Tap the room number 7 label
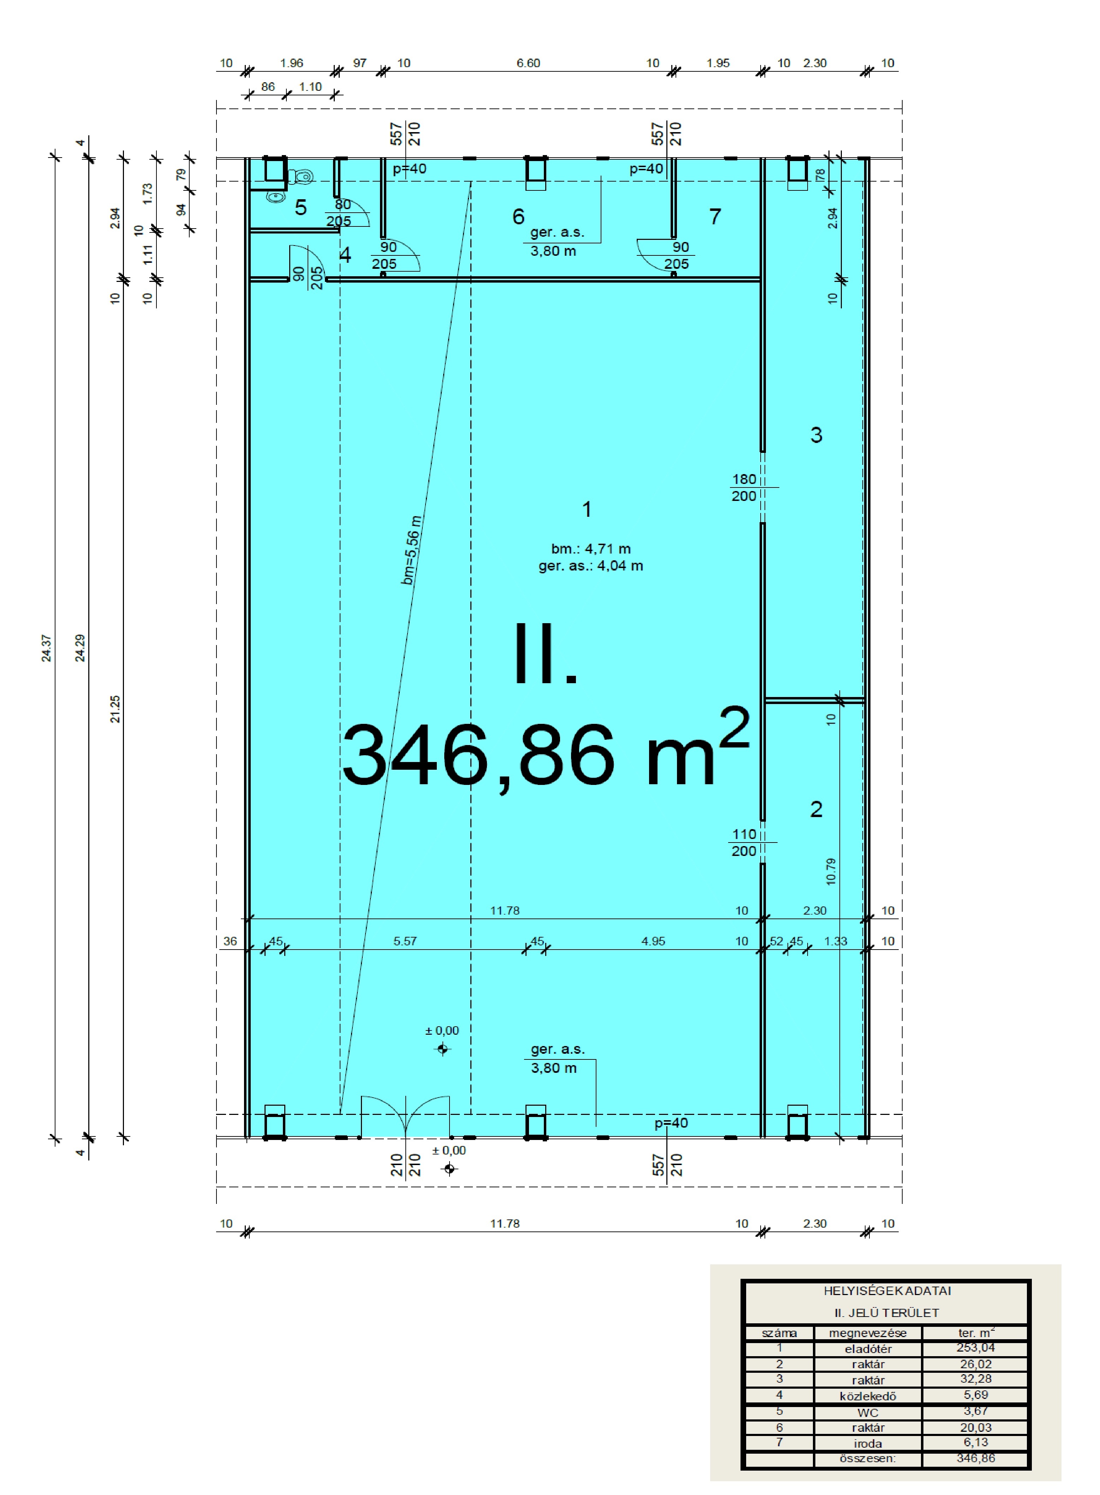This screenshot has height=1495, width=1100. tap(715, 217)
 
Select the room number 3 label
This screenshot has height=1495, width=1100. tap(816, 435)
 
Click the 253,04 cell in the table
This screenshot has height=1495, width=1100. tap(975, 1347)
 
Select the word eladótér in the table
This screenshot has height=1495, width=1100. tap(868, 1348)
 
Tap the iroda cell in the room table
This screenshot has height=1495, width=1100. tap(868, 1444)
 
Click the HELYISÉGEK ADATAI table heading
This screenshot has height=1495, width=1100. tap(887, 1290)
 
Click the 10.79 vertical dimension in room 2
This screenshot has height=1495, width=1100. tap(830, 871)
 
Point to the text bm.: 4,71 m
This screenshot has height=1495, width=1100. tap(591, 549)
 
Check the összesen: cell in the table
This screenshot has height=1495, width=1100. tap(868, 1458)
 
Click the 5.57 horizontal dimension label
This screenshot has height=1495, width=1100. tap(405, 941)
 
